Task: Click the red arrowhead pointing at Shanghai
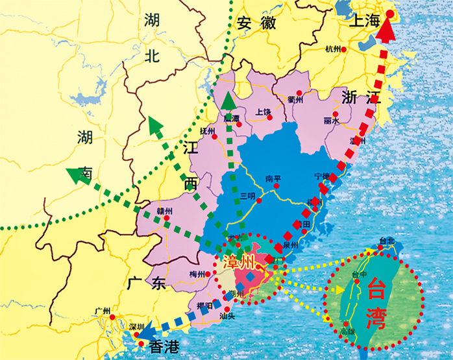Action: click(x=387, y=29)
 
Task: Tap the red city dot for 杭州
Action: click(x=344, y=49)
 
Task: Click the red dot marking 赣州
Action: click(x=167, y=219)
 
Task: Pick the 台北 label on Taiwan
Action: click(x=387, y=241)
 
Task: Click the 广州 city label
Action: click(x=103, y=311)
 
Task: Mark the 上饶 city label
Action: click(x=263, y=112)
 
